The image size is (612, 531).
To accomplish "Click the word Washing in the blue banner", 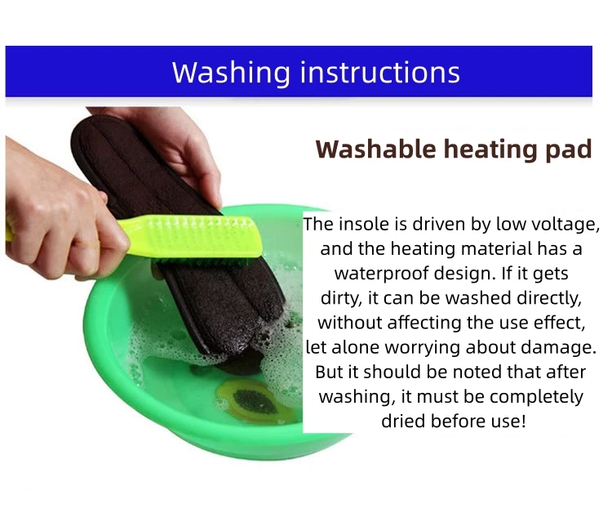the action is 231,73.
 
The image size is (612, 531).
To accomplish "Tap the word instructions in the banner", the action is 379,72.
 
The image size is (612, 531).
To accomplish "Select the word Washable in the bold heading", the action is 375,149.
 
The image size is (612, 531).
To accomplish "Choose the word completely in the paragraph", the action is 537,397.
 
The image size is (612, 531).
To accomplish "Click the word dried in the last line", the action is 404,422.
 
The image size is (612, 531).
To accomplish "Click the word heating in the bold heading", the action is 490,150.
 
